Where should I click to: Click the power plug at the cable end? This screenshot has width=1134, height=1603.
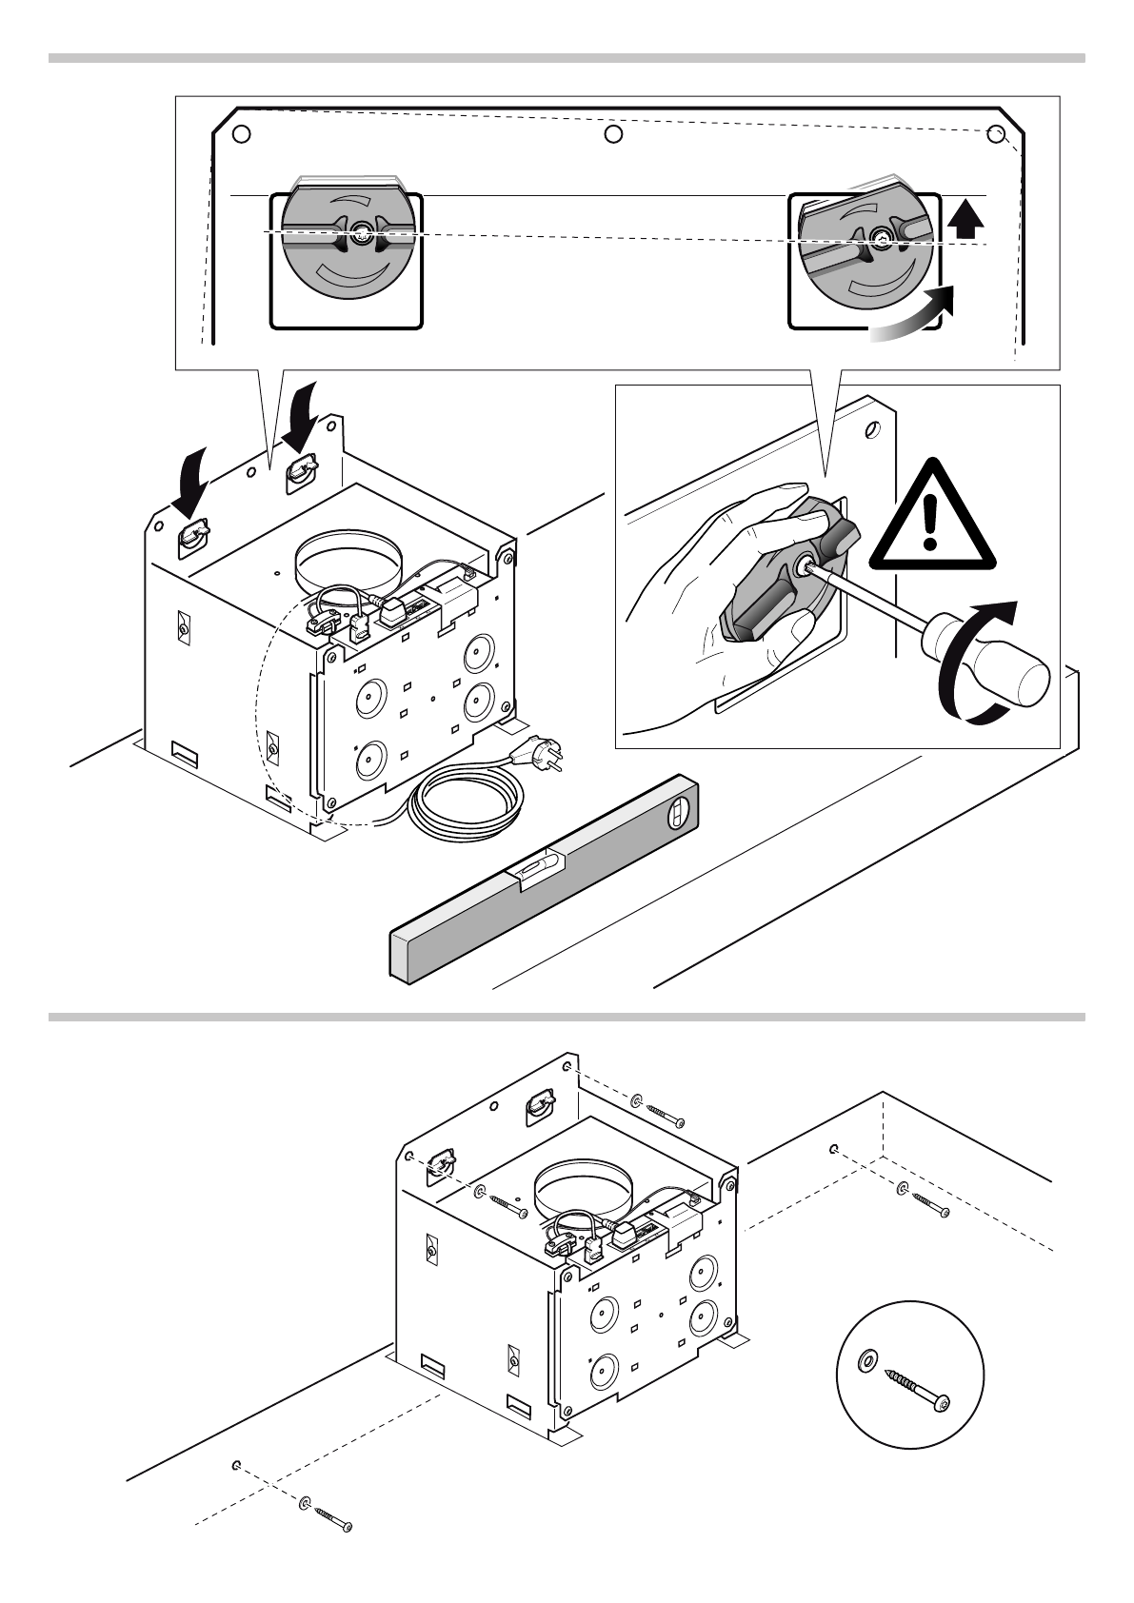pos(532,754)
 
